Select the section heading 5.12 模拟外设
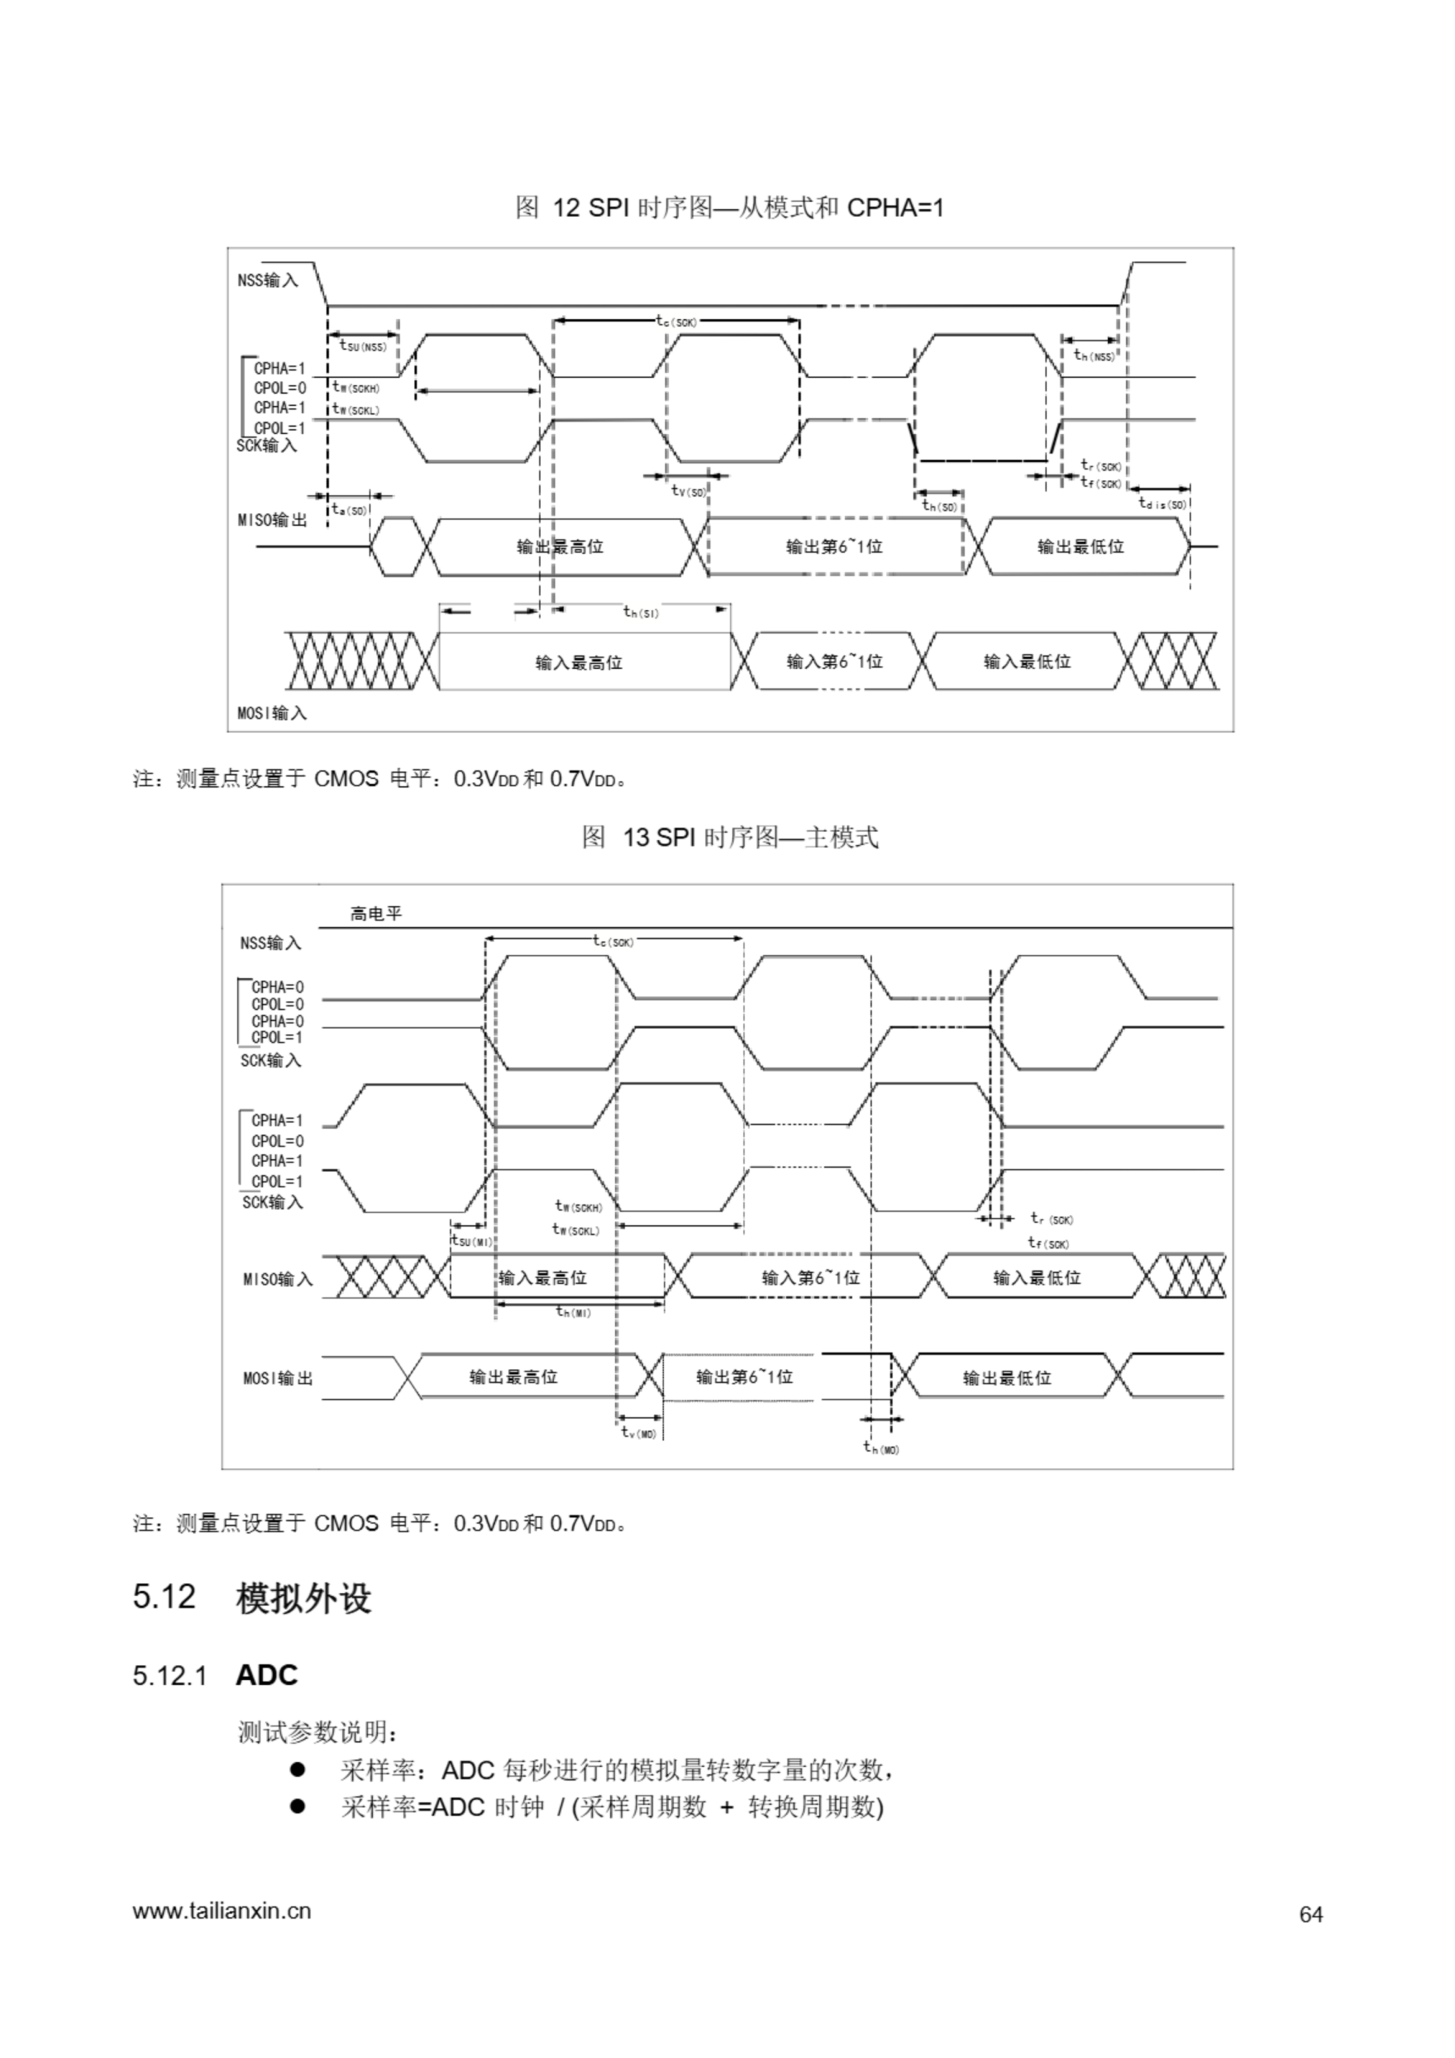click(252, 1597)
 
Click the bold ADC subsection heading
click(266, 1675)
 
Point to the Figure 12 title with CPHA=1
click(729, 208)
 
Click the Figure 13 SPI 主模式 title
click(730, 837)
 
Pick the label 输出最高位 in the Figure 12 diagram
click(559, 547)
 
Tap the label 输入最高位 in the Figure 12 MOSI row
click(578, 662)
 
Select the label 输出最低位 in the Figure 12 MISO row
click(1080, 547)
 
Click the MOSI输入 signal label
click(272, 714)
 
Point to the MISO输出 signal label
click(272, 520)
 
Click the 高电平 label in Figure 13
click(375, 914)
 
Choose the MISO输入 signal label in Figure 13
click(277, 1279)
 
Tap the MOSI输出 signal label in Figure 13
click(277, 1378)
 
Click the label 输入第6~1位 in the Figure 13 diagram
click(810, 1278)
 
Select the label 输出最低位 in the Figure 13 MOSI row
click(1006, 1378)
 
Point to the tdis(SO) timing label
click(1162, 505)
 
